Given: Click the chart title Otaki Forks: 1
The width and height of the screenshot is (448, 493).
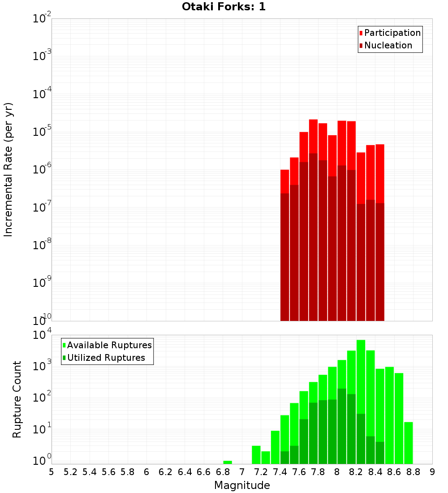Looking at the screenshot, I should (224, 7).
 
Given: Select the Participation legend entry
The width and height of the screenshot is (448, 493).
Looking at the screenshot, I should (392, 33).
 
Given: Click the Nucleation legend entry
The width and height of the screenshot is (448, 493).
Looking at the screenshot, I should (388, 46).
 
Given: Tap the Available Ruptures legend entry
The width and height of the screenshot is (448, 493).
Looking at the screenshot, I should (109, 346).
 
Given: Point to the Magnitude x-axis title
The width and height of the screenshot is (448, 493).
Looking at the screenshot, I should (242, 485).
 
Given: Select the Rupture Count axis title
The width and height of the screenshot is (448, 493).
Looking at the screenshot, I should (17, 399).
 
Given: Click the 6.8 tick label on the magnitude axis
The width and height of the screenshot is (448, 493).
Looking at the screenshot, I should (223, 472).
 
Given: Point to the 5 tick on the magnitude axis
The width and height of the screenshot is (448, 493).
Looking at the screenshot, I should (52, 472).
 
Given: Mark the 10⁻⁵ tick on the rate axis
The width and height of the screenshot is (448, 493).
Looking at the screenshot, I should (43, 132).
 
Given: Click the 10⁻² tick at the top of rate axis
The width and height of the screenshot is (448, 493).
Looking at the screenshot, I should (43, 19).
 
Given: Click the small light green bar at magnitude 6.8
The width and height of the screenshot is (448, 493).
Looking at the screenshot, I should (228, 462).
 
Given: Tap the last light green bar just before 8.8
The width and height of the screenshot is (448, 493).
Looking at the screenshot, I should (408, 443).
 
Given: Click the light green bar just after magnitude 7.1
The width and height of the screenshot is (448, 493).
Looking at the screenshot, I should (256, 454).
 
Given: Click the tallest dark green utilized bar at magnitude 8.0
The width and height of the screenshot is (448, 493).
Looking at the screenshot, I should (342, 426).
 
